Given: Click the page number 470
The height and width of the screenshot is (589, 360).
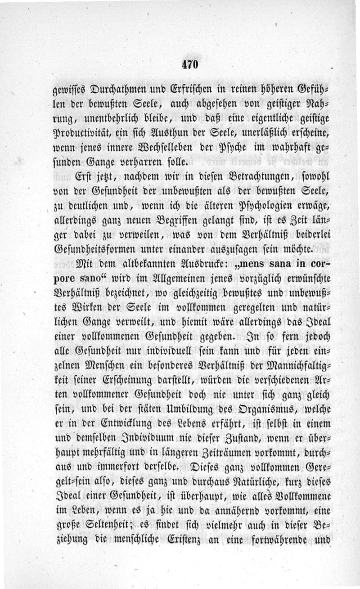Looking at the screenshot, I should tap(189, 64).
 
